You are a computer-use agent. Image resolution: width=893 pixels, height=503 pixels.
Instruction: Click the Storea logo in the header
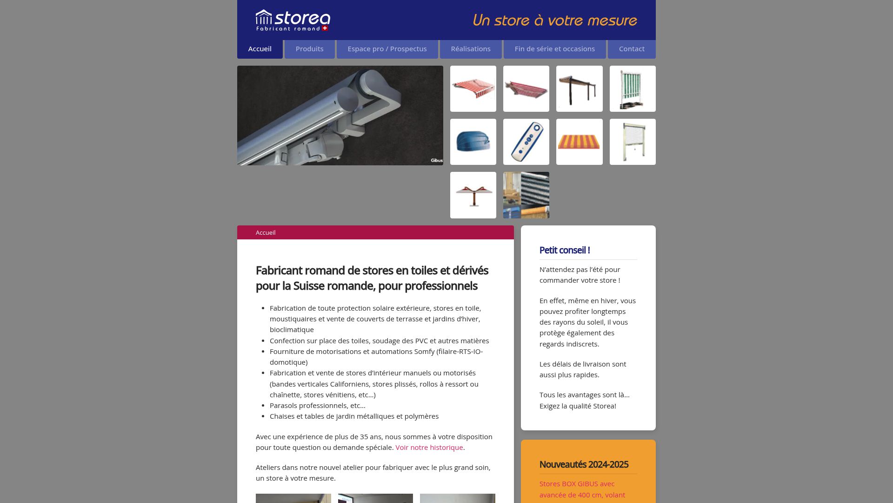[x=293, y=20]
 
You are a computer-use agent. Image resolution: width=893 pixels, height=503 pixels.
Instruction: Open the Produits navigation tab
[x=309, y=49]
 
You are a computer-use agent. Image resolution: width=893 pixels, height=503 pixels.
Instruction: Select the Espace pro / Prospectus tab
[x=387, y=49]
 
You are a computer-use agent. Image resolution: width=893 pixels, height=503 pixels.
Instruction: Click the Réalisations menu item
[x=470, y=49]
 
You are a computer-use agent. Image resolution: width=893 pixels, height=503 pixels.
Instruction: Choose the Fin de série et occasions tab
[x=554, y=49]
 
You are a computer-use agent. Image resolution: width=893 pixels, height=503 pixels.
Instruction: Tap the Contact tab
[x=631, y=49]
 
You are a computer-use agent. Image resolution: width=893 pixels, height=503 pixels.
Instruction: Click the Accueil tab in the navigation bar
[x=260, y=49]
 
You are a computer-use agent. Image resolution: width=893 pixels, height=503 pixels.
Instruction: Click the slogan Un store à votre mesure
[x=554, y=20]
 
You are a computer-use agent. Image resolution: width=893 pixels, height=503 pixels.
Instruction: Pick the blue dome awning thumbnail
[x=473, y=142]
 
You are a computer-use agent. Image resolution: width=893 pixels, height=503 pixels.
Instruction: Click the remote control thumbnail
[x=526, y=142]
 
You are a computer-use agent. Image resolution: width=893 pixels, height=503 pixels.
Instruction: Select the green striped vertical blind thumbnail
[x=632, y=88]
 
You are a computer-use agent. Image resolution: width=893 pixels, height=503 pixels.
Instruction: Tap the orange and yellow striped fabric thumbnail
[x=579, y=142]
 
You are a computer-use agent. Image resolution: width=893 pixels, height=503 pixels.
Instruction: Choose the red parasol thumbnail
[x=473, y=195]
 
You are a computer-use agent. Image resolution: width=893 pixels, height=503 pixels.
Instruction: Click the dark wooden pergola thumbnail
[x=579, y=88]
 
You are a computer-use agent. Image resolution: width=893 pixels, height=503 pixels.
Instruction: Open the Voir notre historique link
[x=429, y=448]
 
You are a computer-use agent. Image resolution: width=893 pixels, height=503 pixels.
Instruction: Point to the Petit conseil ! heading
[x=564, y=250]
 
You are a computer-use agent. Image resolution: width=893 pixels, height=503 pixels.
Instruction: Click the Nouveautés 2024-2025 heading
[x=583, y=464]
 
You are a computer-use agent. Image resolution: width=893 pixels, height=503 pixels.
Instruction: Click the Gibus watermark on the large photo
[x=436, y=160]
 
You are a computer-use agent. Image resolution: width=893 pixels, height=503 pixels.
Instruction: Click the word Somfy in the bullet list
[x=424, y=352]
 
